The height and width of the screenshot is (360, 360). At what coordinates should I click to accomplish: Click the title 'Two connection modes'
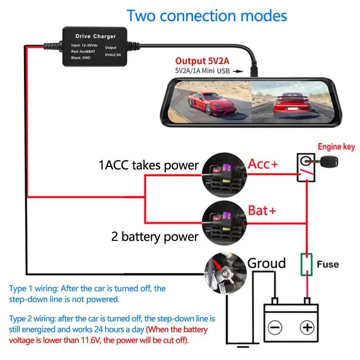tap(207, 16)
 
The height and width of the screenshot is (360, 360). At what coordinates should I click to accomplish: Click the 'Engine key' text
tap(336, 147)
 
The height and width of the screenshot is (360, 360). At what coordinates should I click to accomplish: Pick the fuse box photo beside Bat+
tap(224, 222)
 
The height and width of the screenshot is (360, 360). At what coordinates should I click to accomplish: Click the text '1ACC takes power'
tap(148, 165)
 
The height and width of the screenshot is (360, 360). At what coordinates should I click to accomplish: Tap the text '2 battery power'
tap(155, 236)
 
